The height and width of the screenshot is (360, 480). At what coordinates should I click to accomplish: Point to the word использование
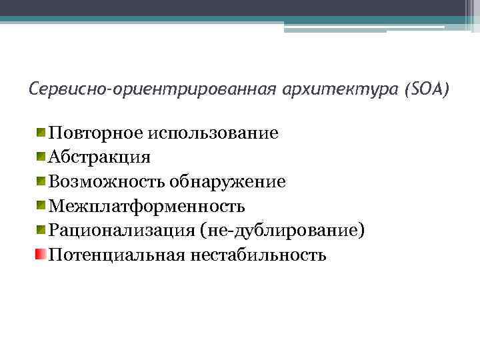click(214, 133)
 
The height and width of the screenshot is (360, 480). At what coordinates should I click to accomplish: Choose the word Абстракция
click(99, 157)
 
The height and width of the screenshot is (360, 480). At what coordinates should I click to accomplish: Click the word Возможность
click(107, 181)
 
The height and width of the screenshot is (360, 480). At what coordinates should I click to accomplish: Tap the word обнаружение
click(227, 181)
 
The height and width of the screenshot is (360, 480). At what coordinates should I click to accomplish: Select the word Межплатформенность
click(147, 206)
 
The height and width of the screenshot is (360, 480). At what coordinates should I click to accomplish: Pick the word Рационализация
click(121, 231)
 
